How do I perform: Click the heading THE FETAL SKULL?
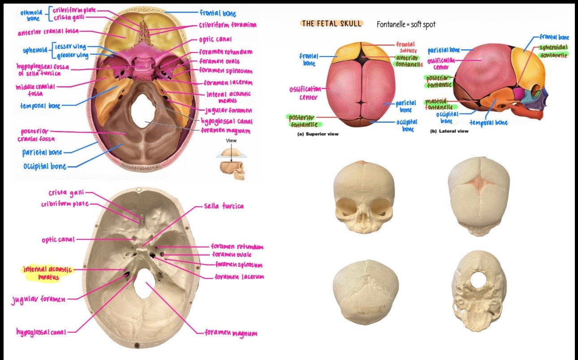pyautogui.click(x=331, y=24)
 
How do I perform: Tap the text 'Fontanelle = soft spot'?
pyautogui.click(x=406, y=25)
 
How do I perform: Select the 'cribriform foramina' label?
pyautogui.click(x=228, y=25)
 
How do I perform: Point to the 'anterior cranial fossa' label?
pyautogui.click(x=48, y=32)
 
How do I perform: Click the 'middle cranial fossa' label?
pyautogui.click(x=35, y=90)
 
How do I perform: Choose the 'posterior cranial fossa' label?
pyautogui.click(x=36, y=135)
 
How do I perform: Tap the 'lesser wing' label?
pyautogui.click(x=70, y=47)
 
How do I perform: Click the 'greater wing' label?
pyautogui.click(x=73, y=55)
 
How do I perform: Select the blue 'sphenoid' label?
pyautogui.click(x=35, y=50)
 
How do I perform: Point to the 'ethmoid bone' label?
pyautogui.click(x=31, y=16)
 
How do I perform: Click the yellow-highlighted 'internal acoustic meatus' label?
pyautogui.click(x=48, y=273)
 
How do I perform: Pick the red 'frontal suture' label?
pyautogui.click(x=406, y=47)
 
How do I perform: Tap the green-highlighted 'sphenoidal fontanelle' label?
pyautogui.click(x=553, y=51)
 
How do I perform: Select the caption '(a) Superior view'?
pyautogui.click(x=318, y=134)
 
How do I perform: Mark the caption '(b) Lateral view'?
pyautogui.click(x=449, y=131)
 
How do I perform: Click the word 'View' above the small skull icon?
pyautogui.click(x=231, y=141)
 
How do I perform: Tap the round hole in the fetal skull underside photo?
pyautogui.click(x=478, y=280)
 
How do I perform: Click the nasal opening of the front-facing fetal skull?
pyautogui.click(x=363, y=218)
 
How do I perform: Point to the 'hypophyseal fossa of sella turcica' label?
pyautogui.click(x=43, y=70)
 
